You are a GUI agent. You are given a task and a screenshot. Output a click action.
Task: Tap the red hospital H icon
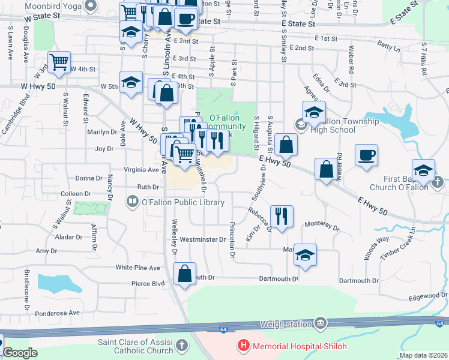(x=244, y=346)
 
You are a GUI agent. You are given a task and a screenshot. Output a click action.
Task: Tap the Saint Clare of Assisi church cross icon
(x=182, y=346)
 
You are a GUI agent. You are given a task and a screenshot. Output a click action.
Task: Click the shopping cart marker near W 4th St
(x=59, y=62)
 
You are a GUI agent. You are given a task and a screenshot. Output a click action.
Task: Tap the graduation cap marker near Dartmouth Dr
(x=305, y=256)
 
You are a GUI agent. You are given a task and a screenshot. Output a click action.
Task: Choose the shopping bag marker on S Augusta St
(x=288, y=144)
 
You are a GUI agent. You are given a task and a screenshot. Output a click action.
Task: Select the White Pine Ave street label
(x=138, y=268)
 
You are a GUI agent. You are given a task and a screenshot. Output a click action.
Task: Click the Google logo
(x=20, y=353)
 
